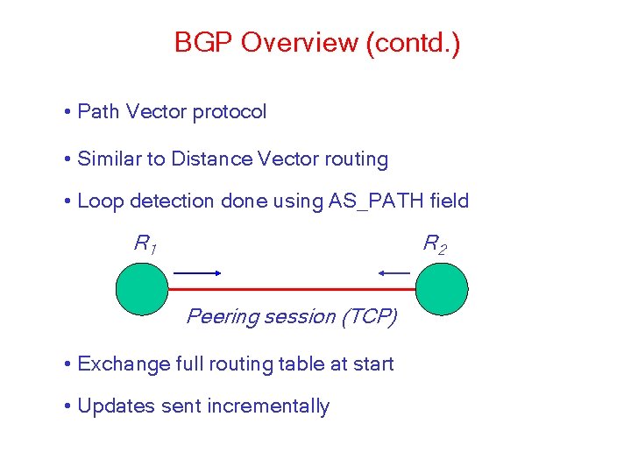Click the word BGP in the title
(203, 43)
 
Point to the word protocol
(230, 112)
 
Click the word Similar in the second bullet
(109, 159)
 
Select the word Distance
(213, 159)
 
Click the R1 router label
(145, 244)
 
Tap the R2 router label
(435, 244)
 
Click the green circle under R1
(142, 288)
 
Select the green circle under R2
(442, 288)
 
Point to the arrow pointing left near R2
(394, 273)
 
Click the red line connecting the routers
(292, 288)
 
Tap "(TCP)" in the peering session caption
(369, 316)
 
